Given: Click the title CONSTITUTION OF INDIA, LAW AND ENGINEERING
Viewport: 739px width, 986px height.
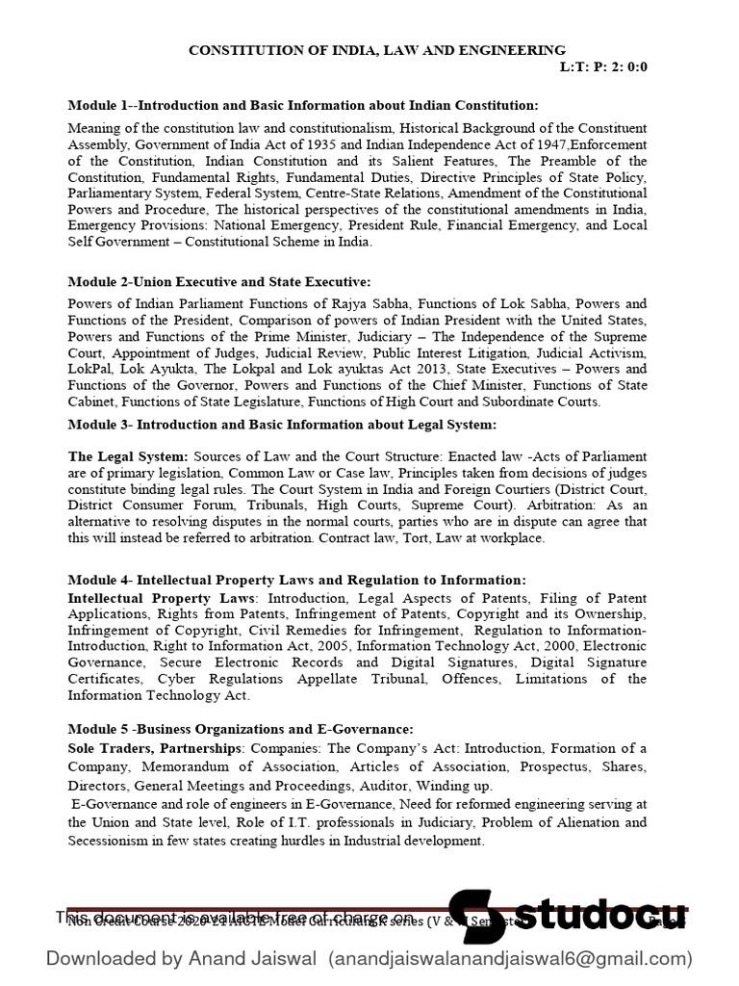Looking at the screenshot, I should (x=376, y=49).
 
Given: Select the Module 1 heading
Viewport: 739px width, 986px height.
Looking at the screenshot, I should (x=303, y=105).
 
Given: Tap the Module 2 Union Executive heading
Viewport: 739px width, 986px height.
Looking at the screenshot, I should (x=218, y=281).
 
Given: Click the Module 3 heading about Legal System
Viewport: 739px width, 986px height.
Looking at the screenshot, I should (x=282, y=425).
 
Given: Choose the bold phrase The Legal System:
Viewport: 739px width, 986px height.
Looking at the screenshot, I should (x=129, y=455).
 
